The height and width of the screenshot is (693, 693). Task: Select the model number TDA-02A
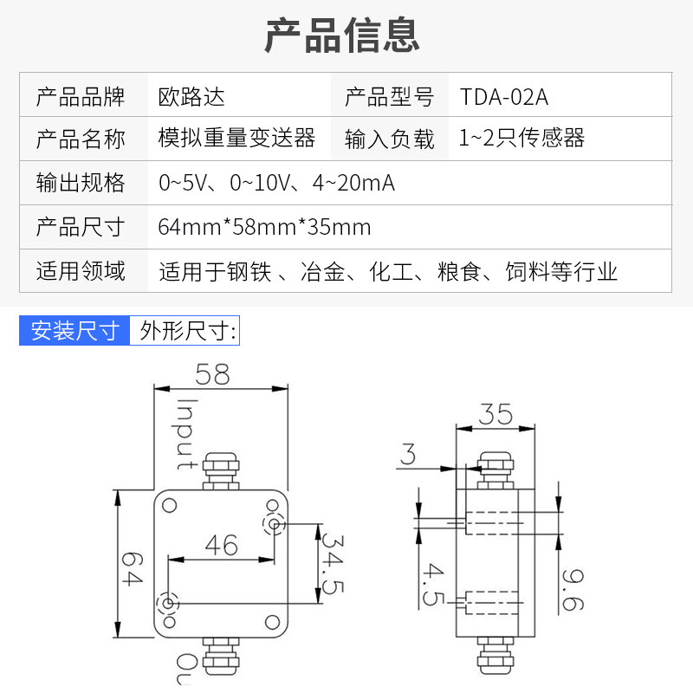point(504,94)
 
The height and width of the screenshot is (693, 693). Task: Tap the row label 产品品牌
point(81,94)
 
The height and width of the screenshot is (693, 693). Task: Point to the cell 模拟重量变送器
point(236,139)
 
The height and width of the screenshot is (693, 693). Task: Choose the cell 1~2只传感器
point(522,139)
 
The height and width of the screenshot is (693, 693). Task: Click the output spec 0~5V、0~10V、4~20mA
point(276,183)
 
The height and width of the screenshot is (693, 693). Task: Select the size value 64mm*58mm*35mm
point(264,227)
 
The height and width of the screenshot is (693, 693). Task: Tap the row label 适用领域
point(81,271)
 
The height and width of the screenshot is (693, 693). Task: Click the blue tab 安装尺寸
point(74,331)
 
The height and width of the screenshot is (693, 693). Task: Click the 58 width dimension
point(212,374)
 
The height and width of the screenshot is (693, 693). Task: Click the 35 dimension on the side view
point(495,413)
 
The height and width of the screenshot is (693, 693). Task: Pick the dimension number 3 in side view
point(408,453)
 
